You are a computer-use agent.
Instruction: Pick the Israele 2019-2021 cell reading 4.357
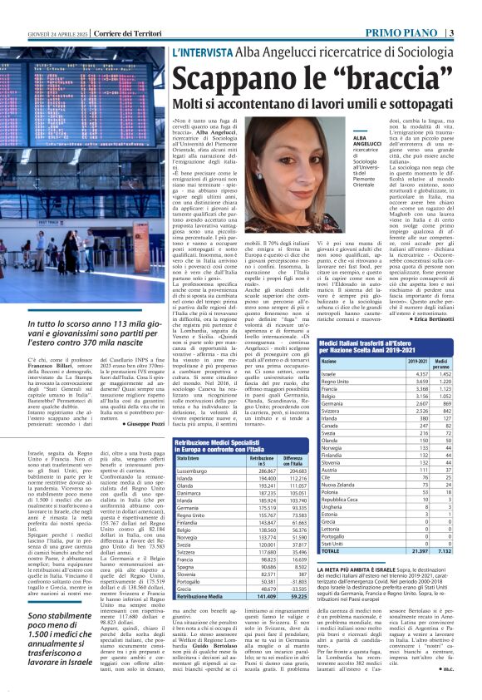[x=419, y=374]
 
